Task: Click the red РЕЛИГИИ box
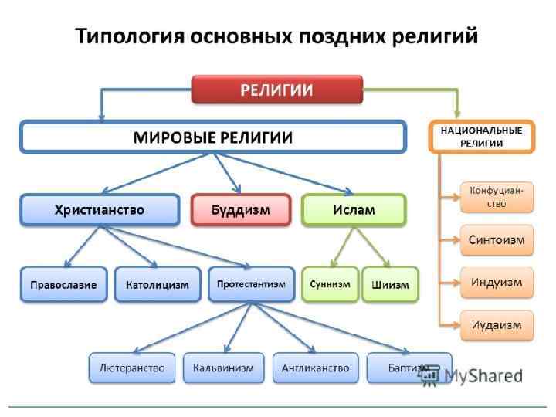point(276,90)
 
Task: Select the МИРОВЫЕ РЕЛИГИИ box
point(212,137)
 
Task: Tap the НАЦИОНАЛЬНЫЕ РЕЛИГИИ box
point(481,137)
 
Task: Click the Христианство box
point(99,210)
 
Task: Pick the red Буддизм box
point(240,210)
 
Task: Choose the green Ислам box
point(353,210)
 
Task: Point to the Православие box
point(63,284)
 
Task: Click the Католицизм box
point(157,284)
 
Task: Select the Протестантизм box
point(251,284)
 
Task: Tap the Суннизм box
point(330,284)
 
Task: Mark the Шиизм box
point(390,284)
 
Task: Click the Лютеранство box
point(132,368)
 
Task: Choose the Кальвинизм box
point(223,368)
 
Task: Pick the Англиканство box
point(316,368)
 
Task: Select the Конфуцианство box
point(497,197)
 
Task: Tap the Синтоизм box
point(497,239)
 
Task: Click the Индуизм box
point(497,282)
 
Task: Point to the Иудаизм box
point(497,324)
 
